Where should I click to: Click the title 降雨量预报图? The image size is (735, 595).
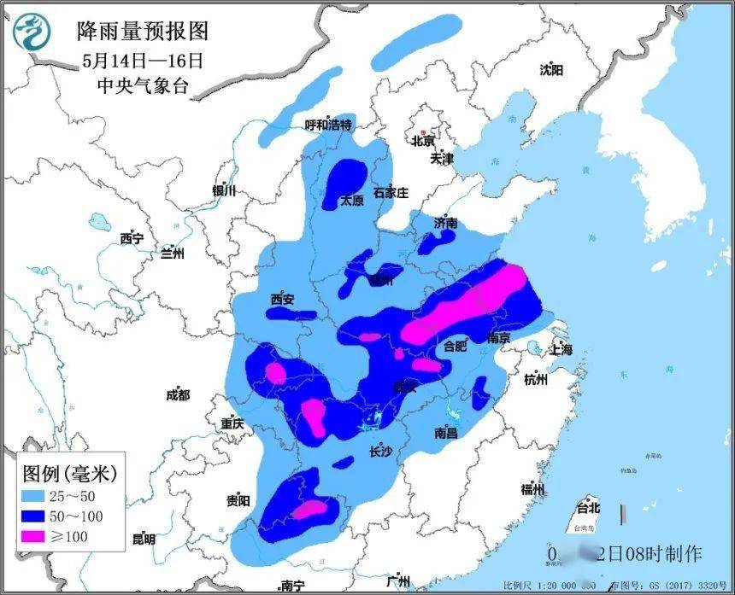click(x=142, y=32)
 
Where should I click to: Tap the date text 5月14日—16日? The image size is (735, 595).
click(x=143, y=61)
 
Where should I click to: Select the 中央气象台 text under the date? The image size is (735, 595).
click(x=143, y=86)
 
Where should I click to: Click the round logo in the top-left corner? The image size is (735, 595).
click(x=32, y=32)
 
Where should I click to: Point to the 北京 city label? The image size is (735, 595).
click(x=423, y=141)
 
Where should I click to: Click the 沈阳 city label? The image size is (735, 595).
click(x=552, y=70)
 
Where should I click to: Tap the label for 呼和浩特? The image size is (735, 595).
click(x=329, y=125)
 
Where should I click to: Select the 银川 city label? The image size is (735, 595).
click(x=224, y=191)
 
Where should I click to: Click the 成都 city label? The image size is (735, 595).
click(x=179, y=395)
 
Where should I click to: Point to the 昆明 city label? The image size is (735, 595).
click(x=144, y=539)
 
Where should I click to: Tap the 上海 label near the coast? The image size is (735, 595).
click(x=562, y=348)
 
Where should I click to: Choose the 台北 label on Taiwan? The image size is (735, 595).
click(x=589, y=508)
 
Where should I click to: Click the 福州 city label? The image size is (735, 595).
click(x=533, y=488)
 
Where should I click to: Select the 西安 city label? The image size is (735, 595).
click(x=282, y=299)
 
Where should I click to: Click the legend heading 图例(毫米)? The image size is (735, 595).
click(x=68, y=470)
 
